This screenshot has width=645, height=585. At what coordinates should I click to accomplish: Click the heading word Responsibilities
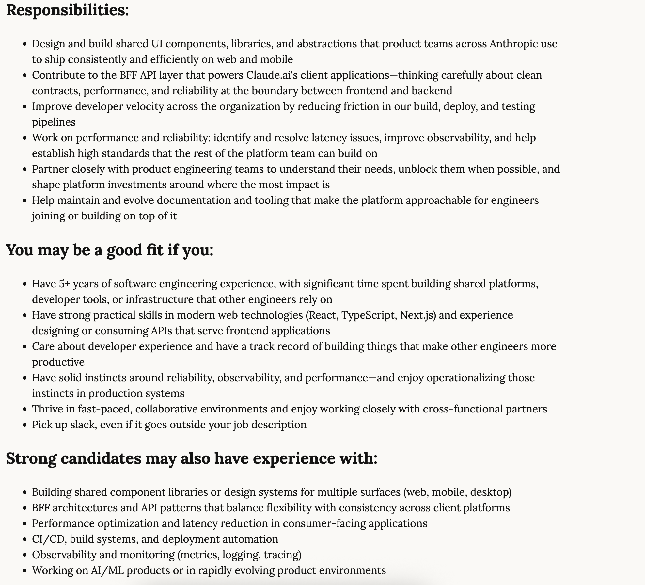click(x=67, y=10)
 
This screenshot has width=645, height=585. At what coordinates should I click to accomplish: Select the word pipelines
click(x=54, y=122)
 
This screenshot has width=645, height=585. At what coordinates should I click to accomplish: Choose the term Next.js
click(x=418, y=315)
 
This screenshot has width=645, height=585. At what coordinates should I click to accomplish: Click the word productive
click(x=58, y=362)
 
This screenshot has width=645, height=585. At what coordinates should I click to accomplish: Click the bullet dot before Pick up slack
click(x=24, y=425)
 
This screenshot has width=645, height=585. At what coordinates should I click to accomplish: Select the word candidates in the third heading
click(x=101, y=458)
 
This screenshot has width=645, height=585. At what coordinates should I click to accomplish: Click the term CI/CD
click(x=48, y=539)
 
